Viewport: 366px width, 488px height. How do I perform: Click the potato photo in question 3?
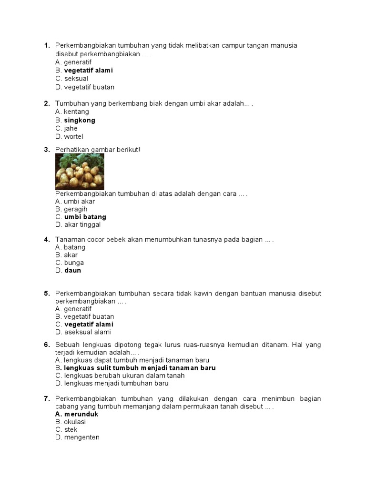[x=80, y=172]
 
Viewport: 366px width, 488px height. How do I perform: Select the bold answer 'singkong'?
[x=80, y=121]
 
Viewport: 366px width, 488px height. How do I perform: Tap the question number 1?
[x=47, y=46]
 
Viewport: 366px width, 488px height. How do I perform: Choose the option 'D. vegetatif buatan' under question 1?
[x=85, y=87]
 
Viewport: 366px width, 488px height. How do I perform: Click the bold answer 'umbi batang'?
[x=85, y=217]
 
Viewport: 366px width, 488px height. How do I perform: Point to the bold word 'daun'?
[x=73, y=270]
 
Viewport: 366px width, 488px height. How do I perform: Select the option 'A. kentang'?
[x=72, y=112]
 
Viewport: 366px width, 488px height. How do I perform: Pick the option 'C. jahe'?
[x=66, y=129]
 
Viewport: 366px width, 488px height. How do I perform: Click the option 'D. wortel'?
[x=69, y=137]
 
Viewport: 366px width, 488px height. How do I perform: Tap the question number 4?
[x=47, y=240]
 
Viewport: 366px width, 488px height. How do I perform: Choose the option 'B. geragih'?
[x=71, y=209]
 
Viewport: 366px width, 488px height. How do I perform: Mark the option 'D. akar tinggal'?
[x=78, y=225]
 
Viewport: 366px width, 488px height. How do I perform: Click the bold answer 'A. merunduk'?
[x=77, y=414]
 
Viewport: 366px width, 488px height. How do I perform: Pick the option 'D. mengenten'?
[x=77, y=437]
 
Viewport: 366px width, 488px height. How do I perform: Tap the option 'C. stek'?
[x=66, y=429]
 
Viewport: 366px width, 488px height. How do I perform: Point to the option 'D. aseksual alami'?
[x=83, y=332]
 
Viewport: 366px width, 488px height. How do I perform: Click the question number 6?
[x=47, y=345]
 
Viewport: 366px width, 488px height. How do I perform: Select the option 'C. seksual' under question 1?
[x=71, y=79]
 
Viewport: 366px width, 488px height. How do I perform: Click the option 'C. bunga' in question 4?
[x=70, y=263]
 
